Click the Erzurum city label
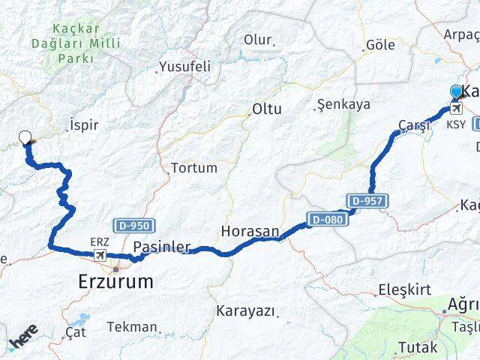(x=115, y=282)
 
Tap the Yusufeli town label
(x=184, y=67)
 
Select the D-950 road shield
(x=133, y=225)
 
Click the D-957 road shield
(x=367, y=200)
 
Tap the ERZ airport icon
(x=99, y=256)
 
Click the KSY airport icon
(x=455, y=108)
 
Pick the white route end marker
(x=25, y=137)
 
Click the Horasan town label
(x=250, y=230)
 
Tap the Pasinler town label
(x=161, y=247)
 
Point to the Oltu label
(x=266, y=109)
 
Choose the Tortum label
(x=193, y=168)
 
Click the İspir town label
(x=83, y=124)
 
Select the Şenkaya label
(x=343, y=104)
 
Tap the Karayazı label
(x=245, y=310)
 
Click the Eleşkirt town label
(x=406, y=289)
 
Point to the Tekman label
(x=132, y=326)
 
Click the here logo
(x=22, y=338)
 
